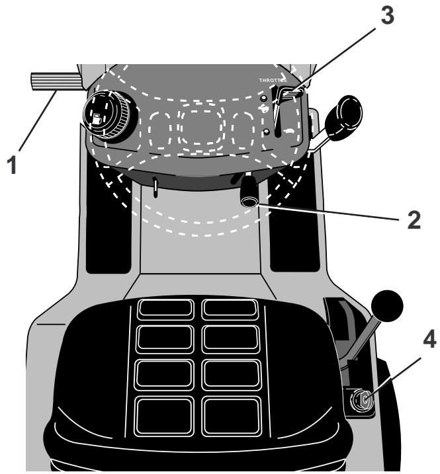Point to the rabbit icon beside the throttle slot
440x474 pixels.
[x=266, y=110]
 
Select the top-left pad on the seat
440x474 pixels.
[x=165, y=309]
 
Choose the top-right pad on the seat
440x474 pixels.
[x=230, y=309]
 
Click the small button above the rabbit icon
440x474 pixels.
[x=265, y=98]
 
